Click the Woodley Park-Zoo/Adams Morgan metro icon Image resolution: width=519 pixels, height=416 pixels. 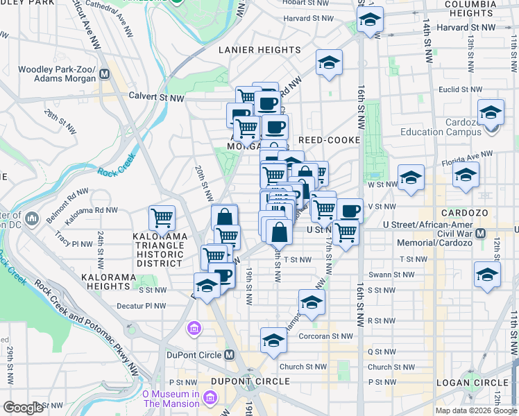(x=105, y=74)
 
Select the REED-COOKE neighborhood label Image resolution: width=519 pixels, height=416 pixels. (x=329, y=140)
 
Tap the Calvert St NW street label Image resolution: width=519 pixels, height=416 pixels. (x=156, y=98)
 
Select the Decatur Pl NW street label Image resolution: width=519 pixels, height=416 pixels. (x=142, y=305)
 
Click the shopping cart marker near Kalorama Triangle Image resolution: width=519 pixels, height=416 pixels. (x=162, y=218)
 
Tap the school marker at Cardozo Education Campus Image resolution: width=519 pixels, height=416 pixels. (x=491, y=112)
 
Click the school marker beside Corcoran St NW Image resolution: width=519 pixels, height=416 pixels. (x=274, y=340)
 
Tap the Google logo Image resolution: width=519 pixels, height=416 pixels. (x=23, y=408)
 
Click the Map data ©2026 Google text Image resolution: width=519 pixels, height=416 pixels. (x=475, y=410)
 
